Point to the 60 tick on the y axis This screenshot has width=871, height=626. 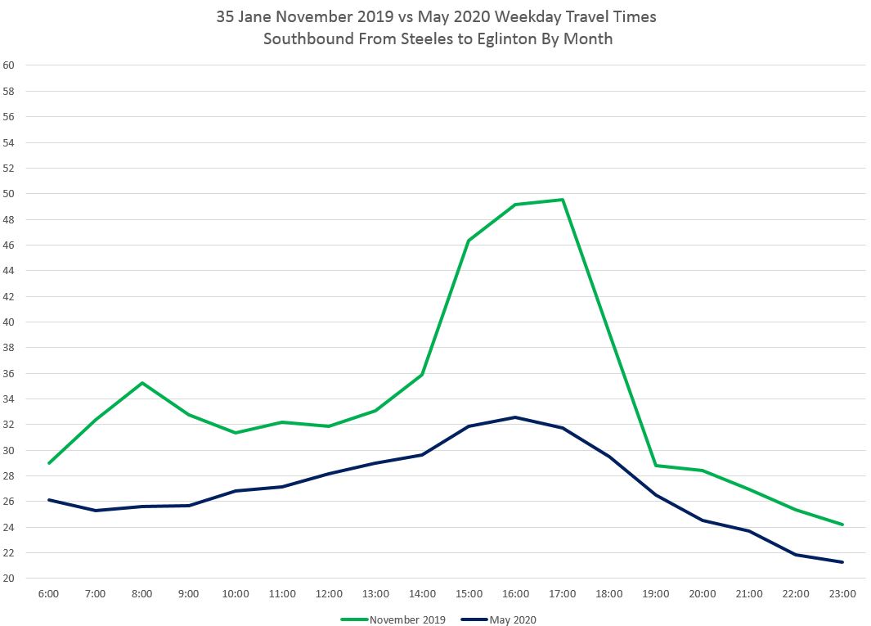9,65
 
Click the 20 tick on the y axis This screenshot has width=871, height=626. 9,579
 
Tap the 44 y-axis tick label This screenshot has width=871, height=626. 9,271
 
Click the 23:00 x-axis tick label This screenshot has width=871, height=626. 842,593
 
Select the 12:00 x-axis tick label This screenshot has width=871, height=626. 329,593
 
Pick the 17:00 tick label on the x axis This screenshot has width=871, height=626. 563,593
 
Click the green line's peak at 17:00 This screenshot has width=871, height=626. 563,200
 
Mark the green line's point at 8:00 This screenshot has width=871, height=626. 142,383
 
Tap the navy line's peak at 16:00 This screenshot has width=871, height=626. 515,417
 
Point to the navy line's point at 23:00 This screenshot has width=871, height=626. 842,562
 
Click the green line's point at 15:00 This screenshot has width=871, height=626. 469,241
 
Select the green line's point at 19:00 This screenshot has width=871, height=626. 656,466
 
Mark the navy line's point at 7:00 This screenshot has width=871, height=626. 96,511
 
